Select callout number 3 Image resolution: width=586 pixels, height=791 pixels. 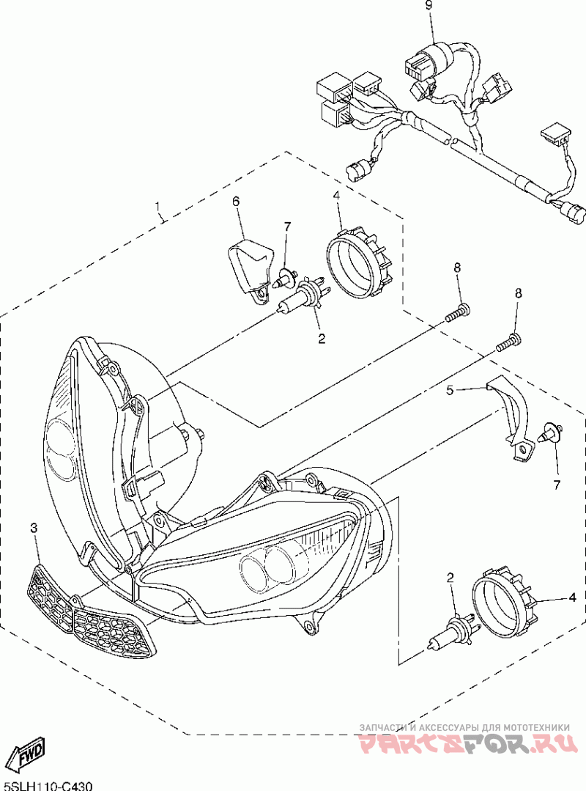click(33, 528)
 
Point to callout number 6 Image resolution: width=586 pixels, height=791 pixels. click(237, 201)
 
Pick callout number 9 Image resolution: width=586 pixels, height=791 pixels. click(429, 6)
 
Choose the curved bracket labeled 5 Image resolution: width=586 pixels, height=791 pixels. click(513, 418)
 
